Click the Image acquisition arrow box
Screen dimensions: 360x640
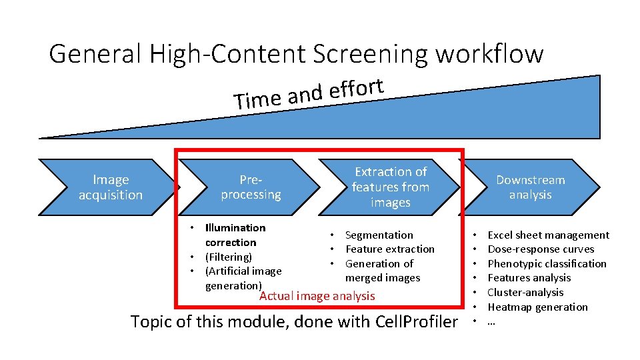(x=111, y=187)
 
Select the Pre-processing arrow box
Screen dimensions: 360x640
(x=251, y=187)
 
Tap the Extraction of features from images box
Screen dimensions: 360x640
(x=391, y=187)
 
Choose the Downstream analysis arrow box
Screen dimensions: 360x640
(x=531, y=187)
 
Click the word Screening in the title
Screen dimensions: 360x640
(x=350, y=54)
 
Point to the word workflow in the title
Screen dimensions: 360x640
(x=489, y=54)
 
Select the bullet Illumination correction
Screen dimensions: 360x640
(x=235, y=235)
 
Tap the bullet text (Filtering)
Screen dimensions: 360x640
(x=228, y=257)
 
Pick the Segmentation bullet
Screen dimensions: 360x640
(x=379, y=235)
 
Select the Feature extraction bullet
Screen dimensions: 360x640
(x=389, y=249)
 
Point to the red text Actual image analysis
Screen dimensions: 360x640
(x=317, y=296)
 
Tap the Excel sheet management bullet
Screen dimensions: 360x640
(x=548, y=235)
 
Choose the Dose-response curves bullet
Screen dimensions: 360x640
(x=541, y=249)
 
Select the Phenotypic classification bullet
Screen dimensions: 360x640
(x=547, y=264)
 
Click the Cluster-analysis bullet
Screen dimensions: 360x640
(x=525, y=293)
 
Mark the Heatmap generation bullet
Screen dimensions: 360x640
(x=537, y=307)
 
